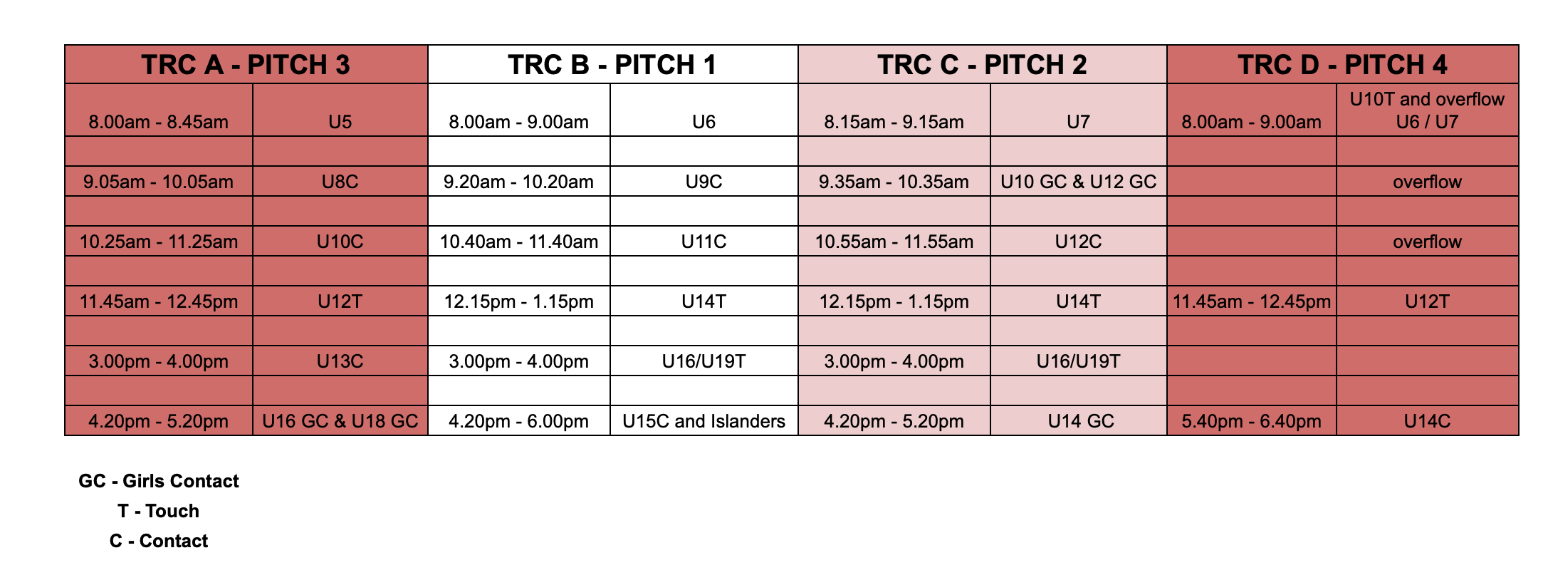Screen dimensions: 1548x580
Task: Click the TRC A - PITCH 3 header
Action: pyautogui.click(x=246, y=65)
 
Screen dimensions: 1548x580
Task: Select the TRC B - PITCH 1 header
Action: pyautogui.click(x=612, y=65)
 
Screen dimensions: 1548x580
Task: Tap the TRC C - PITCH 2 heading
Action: pyautogui.click(x=982, y=65)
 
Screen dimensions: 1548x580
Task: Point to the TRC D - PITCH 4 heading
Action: pyautogui.click(x=1342, y=65)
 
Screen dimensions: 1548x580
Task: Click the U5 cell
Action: pyautogui.click(x=340, y=122)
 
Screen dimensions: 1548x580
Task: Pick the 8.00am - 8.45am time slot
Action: pyautogui.click(x=159, y=122)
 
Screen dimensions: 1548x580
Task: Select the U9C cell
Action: pyautogui.click(x=704, y=182)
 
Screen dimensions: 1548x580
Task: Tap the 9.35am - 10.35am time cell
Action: pyautogui.click(x=894, y=182)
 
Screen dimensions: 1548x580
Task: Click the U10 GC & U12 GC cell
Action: pyautogui.click(x=1078, y=182)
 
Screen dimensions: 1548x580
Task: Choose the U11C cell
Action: pyautogui.click(x=704, y=242)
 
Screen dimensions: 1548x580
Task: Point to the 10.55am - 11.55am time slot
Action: pyautogui.click(x=894, y=242)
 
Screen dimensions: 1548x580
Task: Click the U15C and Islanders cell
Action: pyautogui.click(x=704, y=421)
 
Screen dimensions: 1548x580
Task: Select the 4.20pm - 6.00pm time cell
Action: pyautogui.click(x=518, y=421)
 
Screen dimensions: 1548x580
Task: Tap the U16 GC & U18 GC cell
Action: pyautogui.click(x=340, y=421)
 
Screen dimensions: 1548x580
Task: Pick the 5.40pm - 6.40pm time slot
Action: pyautogui.click(x=1251, y=421)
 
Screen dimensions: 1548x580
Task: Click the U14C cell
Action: pyautogui.click(x=1427, y=421)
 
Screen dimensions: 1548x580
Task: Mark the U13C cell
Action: pyautogui.click(x=340, y=361)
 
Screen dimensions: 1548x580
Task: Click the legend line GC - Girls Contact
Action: pyautogui.click(x=159, y=481)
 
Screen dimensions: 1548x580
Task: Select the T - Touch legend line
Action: pyautogui.click(x=159, y=511)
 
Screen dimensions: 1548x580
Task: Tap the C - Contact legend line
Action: pyautogui.click(x=159, y=541)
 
